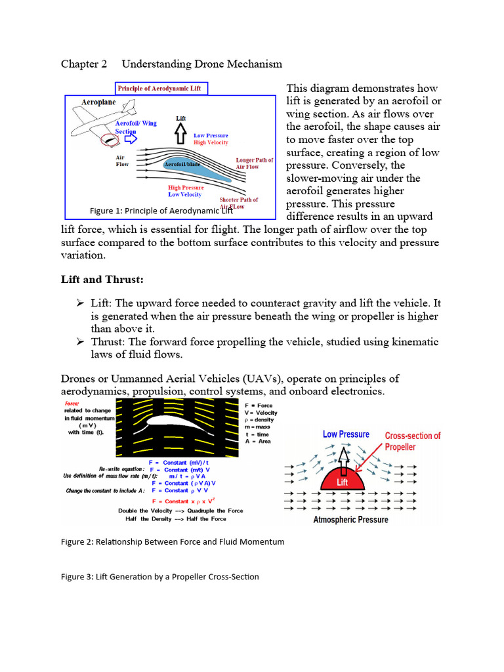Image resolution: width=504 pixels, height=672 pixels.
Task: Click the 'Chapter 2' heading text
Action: click(x=84, y=64)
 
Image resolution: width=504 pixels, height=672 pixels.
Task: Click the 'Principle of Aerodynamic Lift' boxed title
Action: click(x=161, y=89)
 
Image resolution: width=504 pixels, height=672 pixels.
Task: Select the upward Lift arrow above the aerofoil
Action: click(x=181, y=135)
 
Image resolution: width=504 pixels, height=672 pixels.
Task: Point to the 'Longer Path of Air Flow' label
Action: click(x=254, y=163)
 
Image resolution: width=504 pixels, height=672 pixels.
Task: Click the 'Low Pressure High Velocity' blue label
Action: click(x=211, y=138)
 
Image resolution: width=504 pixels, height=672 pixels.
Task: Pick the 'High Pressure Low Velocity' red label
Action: click(x=186, y=191)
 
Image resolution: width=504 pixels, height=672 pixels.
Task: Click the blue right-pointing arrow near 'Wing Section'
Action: click(x=130, y=138)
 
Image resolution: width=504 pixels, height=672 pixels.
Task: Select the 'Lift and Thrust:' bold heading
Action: click(x=102, y=280)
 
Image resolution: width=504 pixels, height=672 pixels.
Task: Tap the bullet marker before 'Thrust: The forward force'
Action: click(x=79, y=341)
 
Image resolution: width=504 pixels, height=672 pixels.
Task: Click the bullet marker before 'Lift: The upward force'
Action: click(x=79, y=303)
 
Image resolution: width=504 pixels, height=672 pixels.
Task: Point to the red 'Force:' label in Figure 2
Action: click(x=73, y=403)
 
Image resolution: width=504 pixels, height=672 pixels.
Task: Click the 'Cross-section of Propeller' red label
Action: click(x=412, y=441)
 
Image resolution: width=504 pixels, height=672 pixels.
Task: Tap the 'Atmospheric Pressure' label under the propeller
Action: click(x=350, y=520)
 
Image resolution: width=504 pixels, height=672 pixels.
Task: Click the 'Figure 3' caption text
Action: click(x=159, y=577)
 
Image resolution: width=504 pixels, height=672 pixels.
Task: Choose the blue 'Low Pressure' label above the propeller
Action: click(x=346, y=434)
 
